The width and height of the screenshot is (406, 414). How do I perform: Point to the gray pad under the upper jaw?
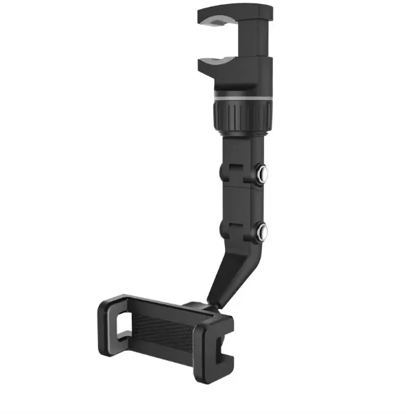[220, 25]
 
